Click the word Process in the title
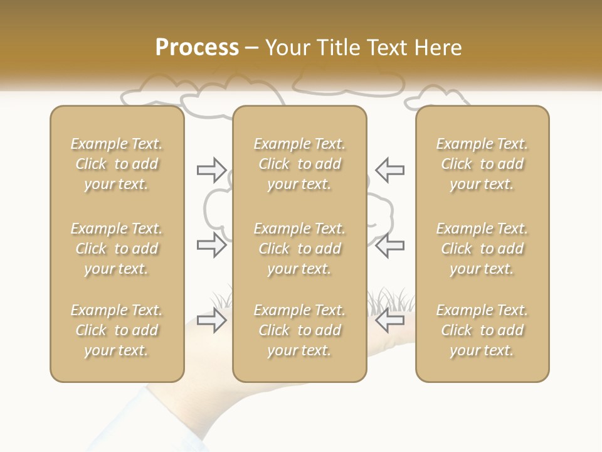click(197, 48)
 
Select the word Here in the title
click(438, 48)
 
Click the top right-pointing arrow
click(211, 169)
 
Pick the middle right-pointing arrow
click(211, 245)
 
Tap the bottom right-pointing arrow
click(211, 321)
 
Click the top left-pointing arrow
click(390, 169)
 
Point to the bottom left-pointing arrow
click(390, 321)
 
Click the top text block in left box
click(117, 164)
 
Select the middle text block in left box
click(117, 249)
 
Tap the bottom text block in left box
click(117, 330)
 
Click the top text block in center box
click(300, 164)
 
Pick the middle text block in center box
click(300, 249)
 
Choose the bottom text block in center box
click(300, 330)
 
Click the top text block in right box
click(482, 164)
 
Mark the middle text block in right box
click(482, 249)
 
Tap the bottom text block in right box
click(482, 330)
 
